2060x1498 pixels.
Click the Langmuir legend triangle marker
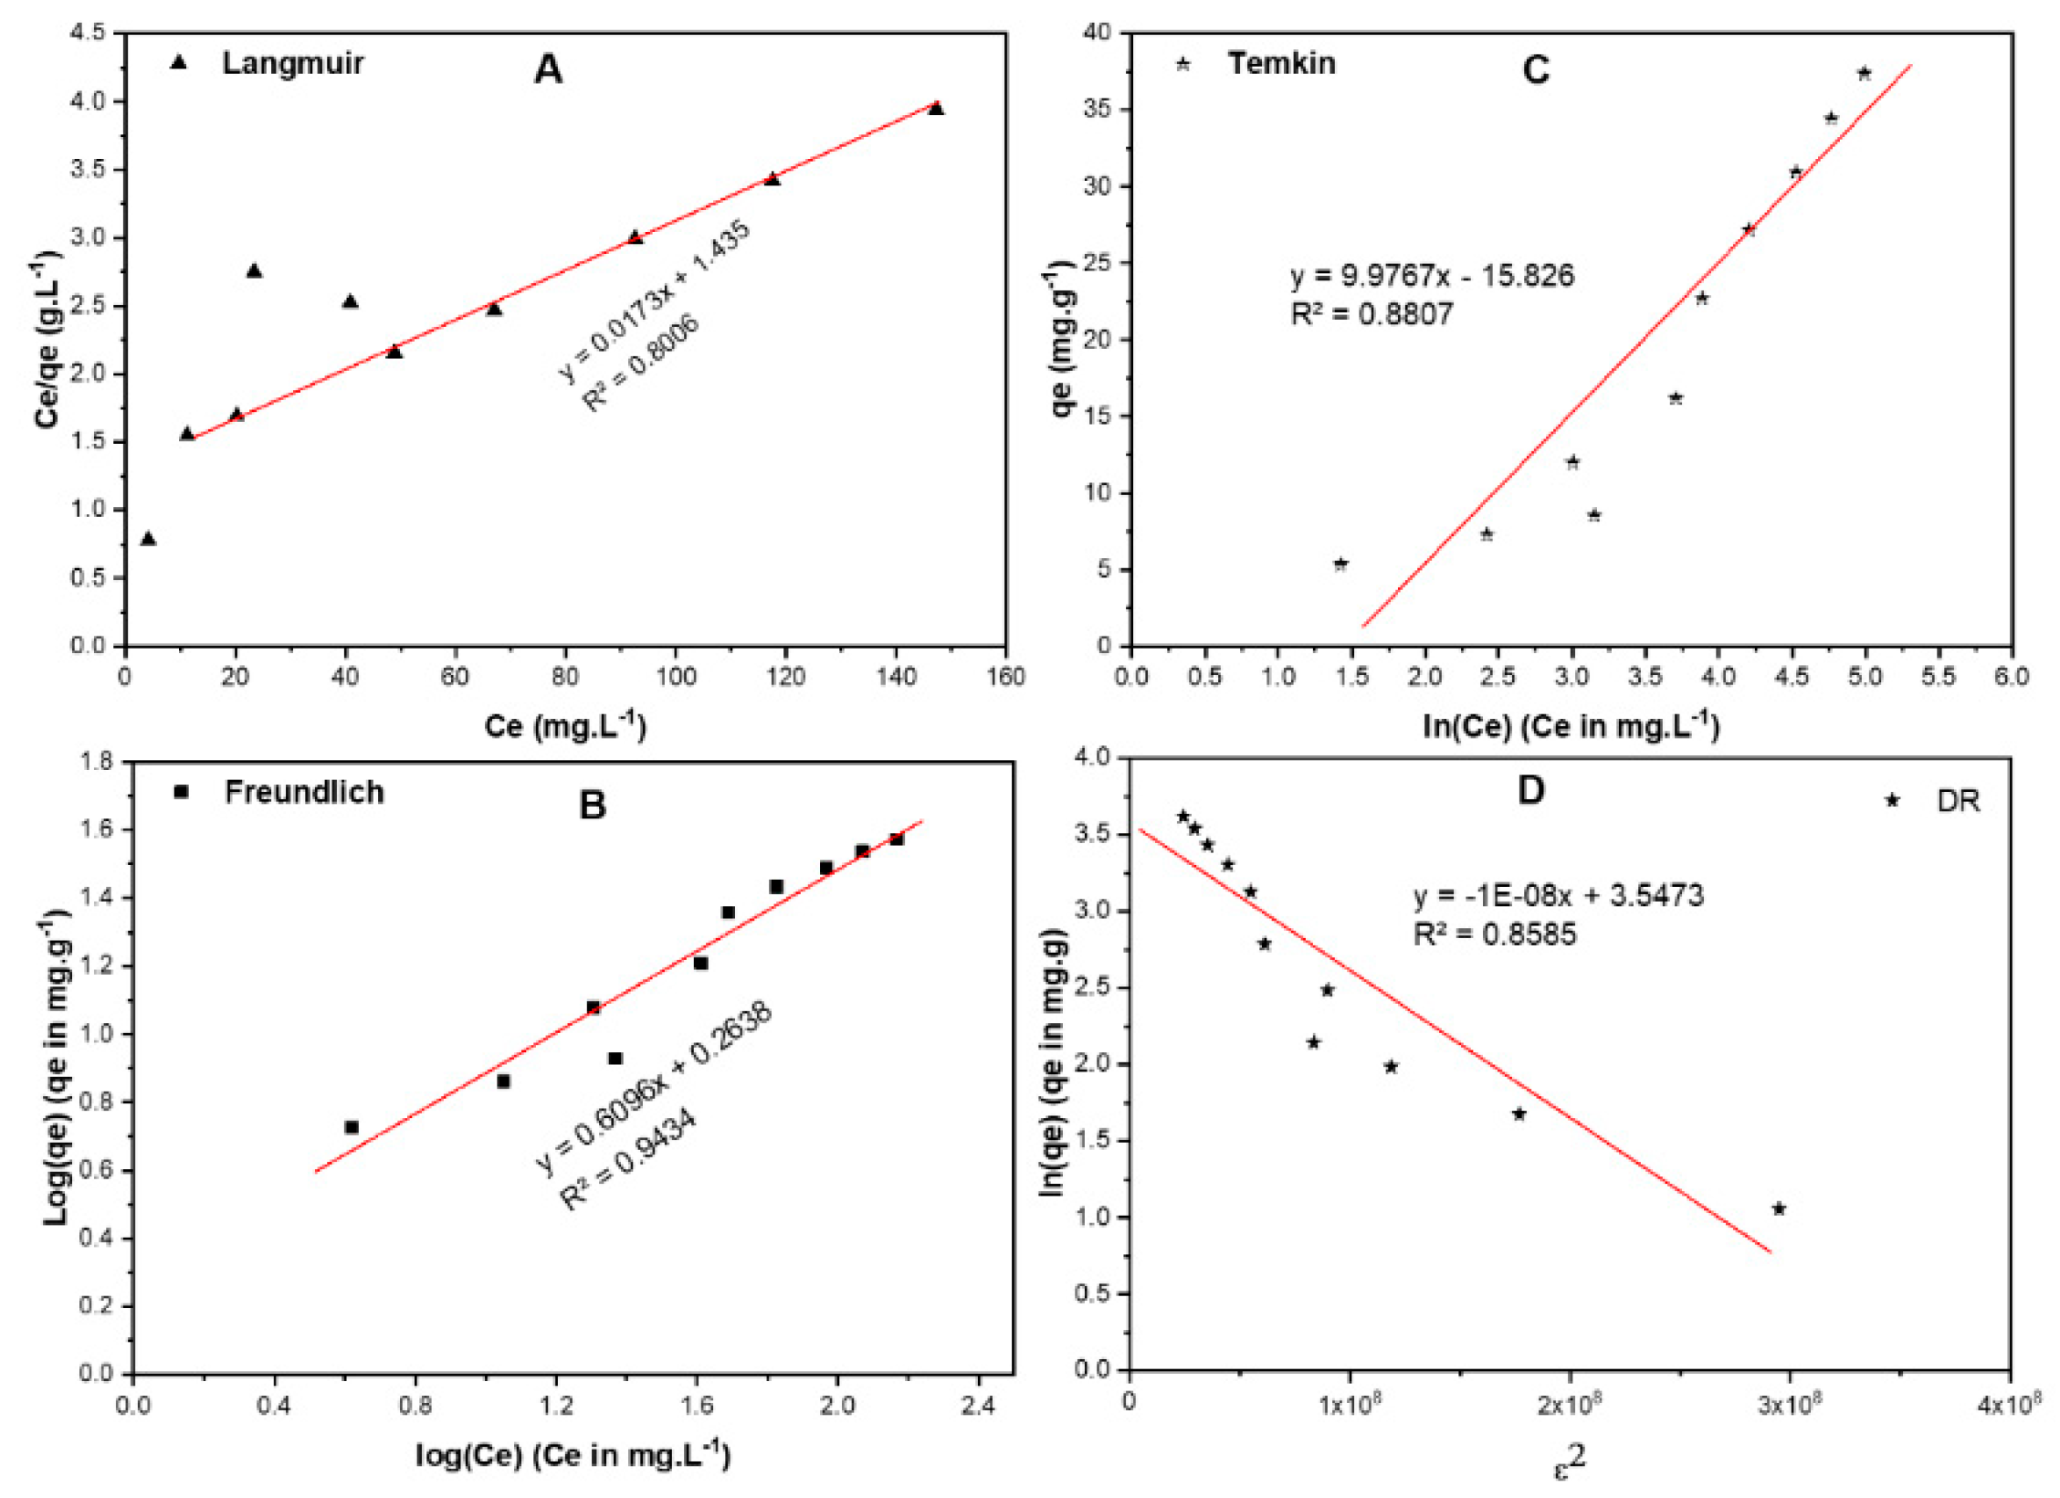pos(179,62)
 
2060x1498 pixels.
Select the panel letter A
pos(548,69)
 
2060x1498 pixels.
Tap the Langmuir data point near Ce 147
pos(936,109)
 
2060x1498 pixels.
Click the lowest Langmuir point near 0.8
pos(148,539)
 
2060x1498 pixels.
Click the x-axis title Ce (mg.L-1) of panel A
pos(565,726)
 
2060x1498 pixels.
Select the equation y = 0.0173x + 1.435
pos(655,299)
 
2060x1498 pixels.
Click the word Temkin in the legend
pos(1281,63)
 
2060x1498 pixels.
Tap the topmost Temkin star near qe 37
pos(1865,73)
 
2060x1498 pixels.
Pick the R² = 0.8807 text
pos(1371,314)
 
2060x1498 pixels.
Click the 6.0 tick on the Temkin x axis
pos(2012,677)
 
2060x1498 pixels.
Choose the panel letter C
pos(1536,69)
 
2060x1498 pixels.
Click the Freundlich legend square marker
pos(181,792)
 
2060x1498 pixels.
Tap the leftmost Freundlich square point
pos(352,1127)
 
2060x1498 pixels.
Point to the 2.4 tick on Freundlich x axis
pos(978,1406)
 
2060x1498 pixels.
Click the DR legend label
pos(1958,801)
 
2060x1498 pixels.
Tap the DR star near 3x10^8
pos(1779,1209)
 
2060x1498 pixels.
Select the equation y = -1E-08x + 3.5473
pos(1559,895)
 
